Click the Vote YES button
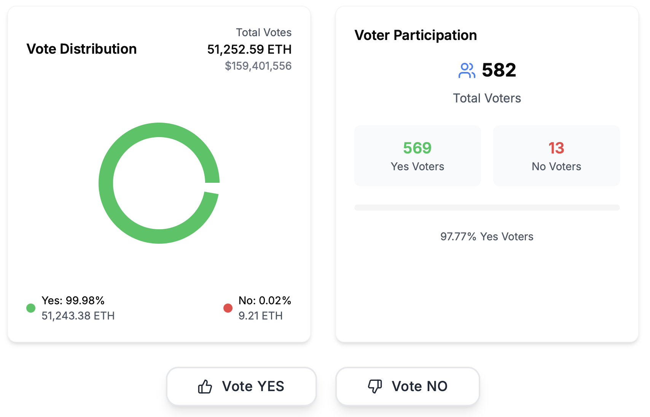(x=241, y=387)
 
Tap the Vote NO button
(x=407, y=387)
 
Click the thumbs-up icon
(x=205, y=387)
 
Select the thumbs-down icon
(x=375, y=386)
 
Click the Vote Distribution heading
(x=81, y=49)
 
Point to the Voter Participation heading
(x=416, y=35)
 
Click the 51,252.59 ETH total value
(x=249, y=50)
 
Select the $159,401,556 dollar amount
(x=258, y=66)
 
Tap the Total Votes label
(x=263, y=33)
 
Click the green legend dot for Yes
(x=31, y=308)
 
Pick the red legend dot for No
(x=228, y=308)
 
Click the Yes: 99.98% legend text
(x=73, y=300)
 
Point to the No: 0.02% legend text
(x=264, y=300)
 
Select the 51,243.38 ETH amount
(x=78, y=316)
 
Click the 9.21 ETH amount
(x=260, y=316)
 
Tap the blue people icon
(x=467, y=70)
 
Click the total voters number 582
(x=499, y=70)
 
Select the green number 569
(x=417, y=148)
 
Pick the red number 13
(x=556, y=148)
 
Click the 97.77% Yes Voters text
(x=487, y=236)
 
